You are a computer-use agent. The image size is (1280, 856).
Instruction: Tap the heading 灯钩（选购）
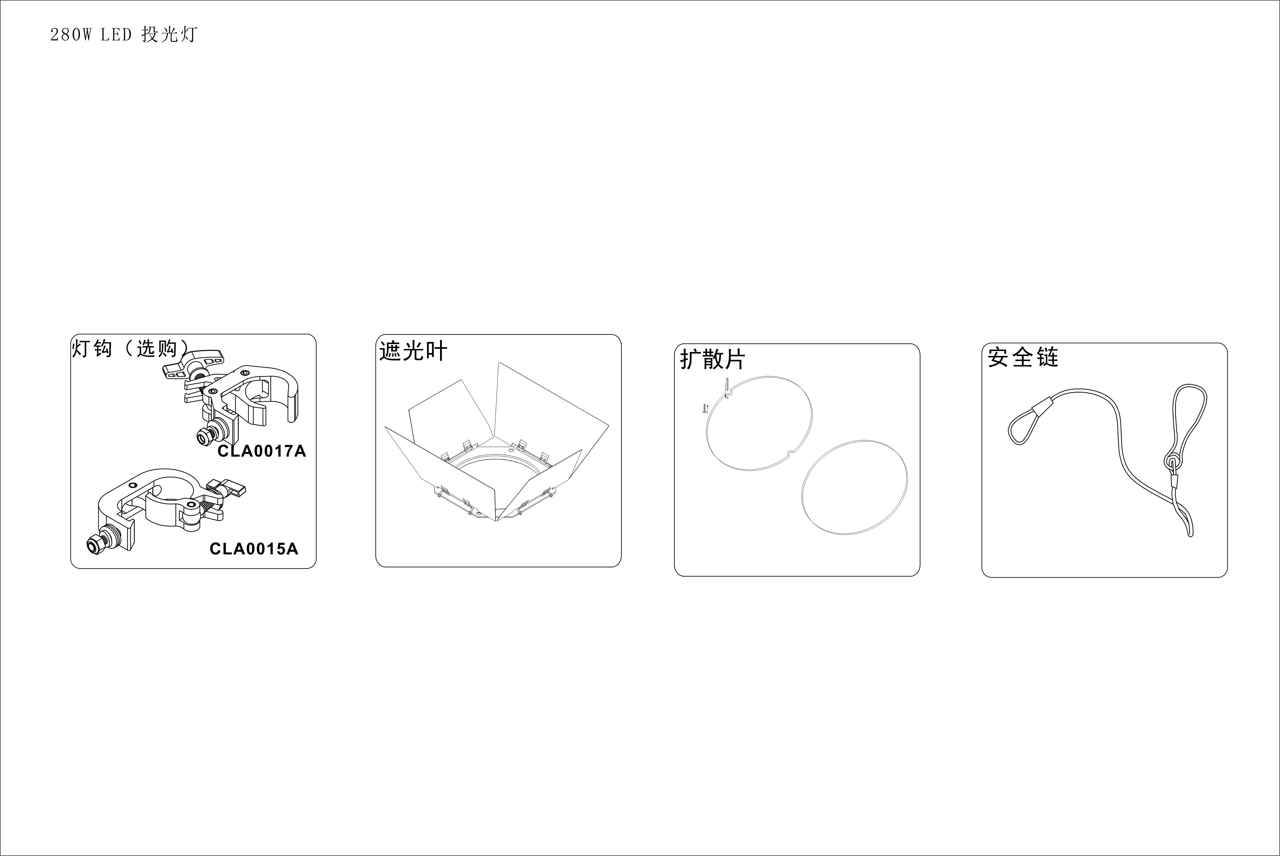point(131,348)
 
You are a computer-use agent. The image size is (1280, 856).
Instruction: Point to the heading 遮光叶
point(413,351)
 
